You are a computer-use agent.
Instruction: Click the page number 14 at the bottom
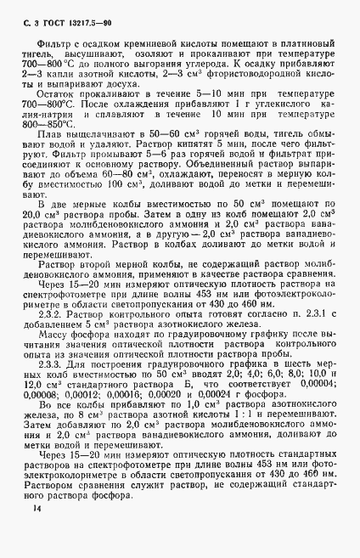(35, 533)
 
